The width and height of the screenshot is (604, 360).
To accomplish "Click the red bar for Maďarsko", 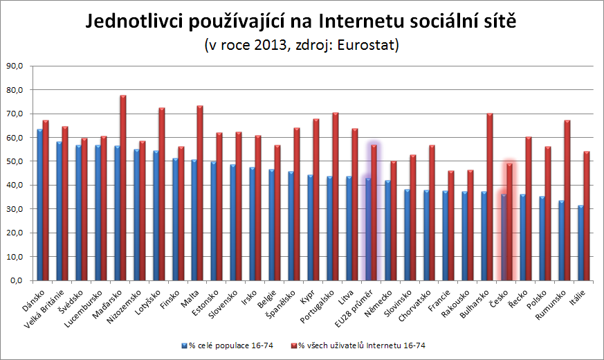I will click(123, 188).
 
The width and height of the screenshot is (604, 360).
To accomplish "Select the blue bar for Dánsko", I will click(40, 205).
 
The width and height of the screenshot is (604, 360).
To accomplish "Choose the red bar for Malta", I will click(200, 193).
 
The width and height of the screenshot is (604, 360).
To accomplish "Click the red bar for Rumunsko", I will click(567, 201).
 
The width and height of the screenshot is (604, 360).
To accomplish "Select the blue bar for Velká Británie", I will click(60, 211).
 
